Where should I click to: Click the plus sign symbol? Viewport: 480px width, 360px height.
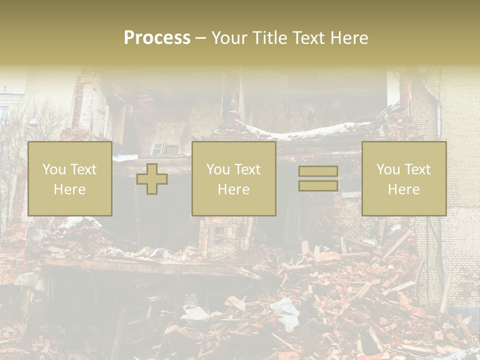click(x=152, y=179)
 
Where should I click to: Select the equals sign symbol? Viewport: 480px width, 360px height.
click(x=318, y=178)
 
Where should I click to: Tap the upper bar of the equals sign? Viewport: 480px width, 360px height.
click(x=318, y=171)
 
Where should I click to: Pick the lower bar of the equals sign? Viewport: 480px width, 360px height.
click(x=318, y=185)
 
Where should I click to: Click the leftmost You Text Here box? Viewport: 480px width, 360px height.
click(x=69, y=178)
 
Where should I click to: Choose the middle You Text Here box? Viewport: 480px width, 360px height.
click(x=233, y=178)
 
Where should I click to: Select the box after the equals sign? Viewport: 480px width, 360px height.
click(x=403, y=178)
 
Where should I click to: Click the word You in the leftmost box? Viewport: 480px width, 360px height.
click(x=53, y=169)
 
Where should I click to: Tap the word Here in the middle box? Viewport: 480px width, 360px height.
click(x=233, y=189)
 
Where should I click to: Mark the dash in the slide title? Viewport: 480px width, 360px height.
click(x=200, y=38)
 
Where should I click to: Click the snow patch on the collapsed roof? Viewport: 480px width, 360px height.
click(x=310, y=131)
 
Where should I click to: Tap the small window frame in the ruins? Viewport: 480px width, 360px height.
click(x=158, y=148)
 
